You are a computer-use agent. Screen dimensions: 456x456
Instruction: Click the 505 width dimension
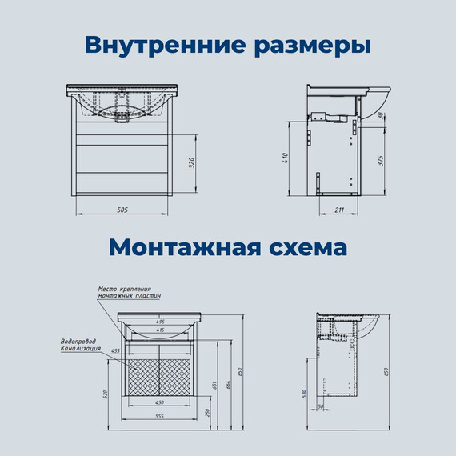pyautogui.click(x=122, y=210)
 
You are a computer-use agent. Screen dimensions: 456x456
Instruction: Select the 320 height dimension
pyautogui.click(x=191, y=164)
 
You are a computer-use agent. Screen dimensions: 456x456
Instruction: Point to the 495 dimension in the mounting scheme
pyautogui.click(x=160, y=322)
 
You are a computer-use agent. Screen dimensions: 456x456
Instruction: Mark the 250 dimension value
pyautogui.click(x=209, y=412)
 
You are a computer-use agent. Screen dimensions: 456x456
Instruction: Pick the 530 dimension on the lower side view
pyautogui.click(x=305, y=394)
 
